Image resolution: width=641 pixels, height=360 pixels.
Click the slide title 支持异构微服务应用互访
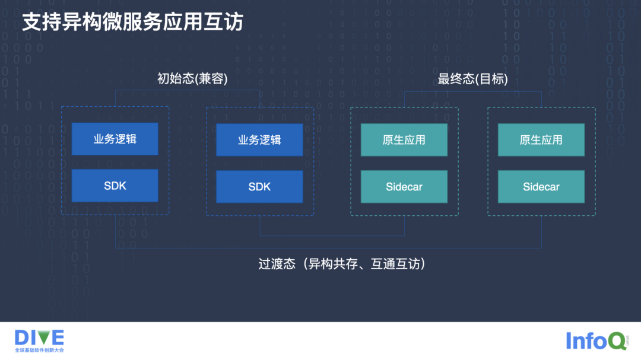tap(132, 23)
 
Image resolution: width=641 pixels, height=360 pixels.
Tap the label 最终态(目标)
tap(472, 79)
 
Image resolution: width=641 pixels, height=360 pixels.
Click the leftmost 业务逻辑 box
tap(115, 139)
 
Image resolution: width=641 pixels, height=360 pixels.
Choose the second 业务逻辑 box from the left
tap(259, 140)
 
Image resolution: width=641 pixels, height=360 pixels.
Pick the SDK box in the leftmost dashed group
tap(115, 186)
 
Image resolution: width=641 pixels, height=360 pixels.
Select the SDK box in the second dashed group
tap(259, 187)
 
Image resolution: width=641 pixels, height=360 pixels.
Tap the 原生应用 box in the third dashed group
tap(404, 140)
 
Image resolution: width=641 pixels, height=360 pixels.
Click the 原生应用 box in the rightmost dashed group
tap(541, 140)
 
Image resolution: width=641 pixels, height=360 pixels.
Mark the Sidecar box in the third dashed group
tap(404, 187)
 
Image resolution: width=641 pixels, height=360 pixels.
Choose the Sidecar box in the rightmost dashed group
tap(541, 187)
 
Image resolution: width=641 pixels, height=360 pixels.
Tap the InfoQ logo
tap(595, 340)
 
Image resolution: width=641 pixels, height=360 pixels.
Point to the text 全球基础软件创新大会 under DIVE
tap(39, 351)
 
